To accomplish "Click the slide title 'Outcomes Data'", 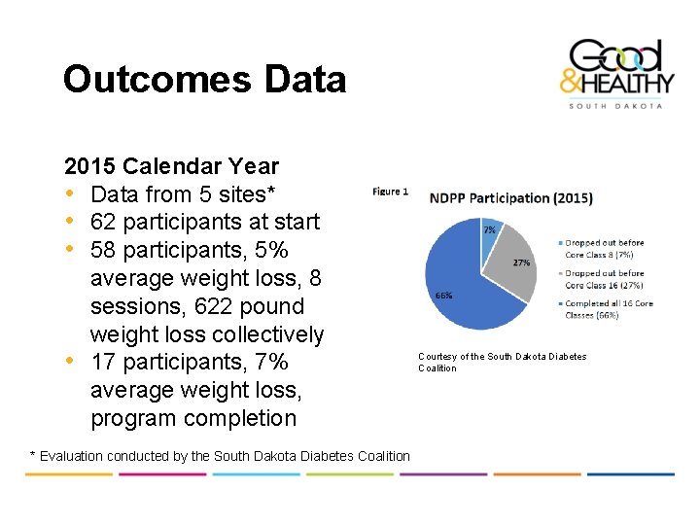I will pyautogui.click(x=204, y=79).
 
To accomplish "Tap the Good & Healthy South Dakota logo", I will pyautogui.click(x=614, y=74).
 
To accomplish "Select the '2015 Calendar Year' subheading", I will pyautogui.click(x=171, y=166).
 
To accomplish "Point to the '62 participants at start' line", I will pyautogui.click(x=204, y=223).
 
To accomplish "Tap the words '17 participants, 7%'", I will pyautogui.click(x=189, y=363).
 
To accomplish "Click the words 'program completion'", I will pyautogui.click(x=193, y=419).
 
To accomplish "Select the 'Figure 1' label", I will pyautogui.click(x=390, y=192).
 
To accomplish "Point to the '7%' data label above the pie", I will pyautogui.click(x=489, y=229).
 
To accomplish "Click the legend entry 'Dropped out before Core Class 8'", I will pyautogui.click(x=604, y=249).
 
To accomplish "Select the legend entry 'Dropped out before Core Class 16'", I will pyautogui.click(x=604, y=279).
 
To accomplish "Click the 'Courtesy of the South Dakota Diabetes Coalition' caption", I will pyautogui.click(x=503, y=362).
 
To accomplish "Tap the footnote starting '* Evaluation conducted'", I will pyautogui.click(x=221, y=456).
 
